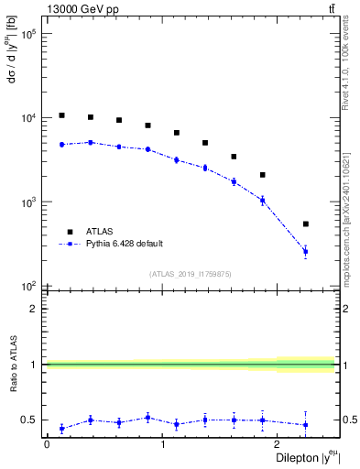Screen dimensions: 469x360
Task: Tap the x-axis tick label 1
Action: (x=163, y=443)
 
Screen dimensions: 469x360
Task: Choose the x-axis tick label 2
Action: (x=279, y=443)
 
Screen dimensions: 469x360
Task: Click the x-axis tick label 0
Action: (x=47, y=443)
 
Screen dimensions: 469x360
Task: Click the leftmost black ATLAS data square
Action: (x=61, y=115)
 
